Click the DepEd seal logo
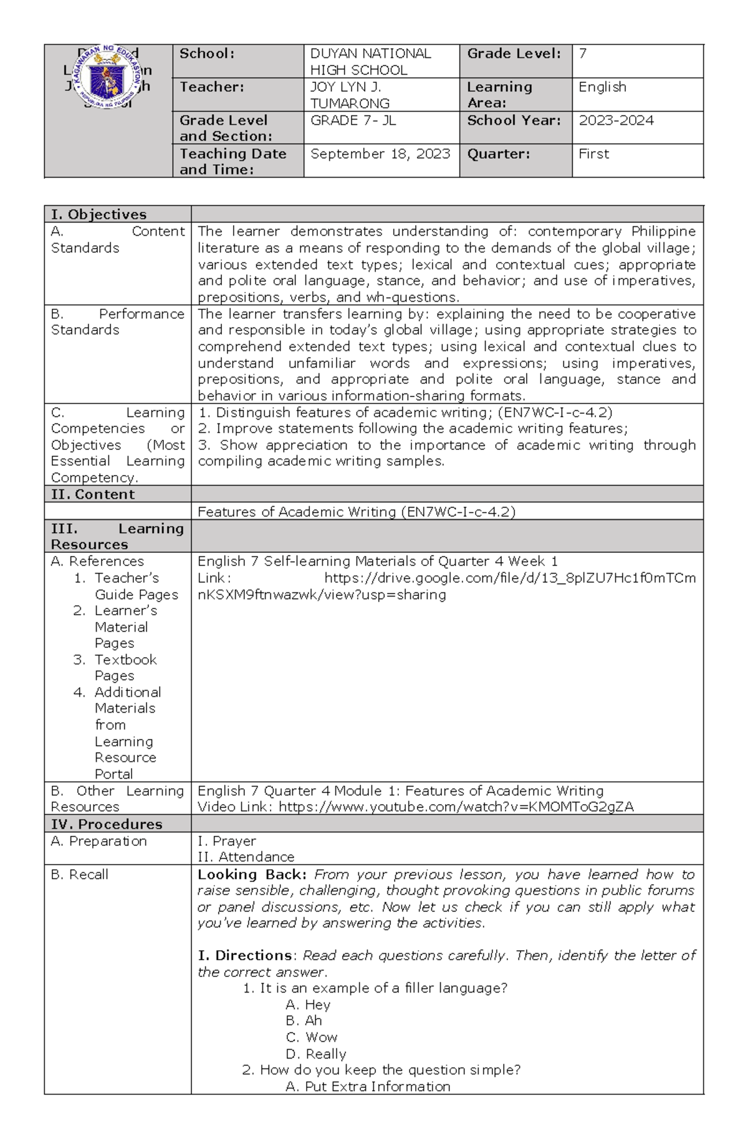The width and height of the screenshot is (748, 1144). (108, 77)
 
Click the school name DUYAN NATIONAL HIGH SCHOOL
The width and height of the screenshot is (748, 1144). (370, 62)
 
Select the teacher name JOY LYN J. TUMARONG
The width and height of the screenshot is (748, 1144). (350, 95)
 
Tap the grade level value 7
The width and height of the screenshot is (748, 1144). (583, 54)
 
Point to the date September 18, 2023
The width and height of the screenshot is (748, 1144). (380, 154)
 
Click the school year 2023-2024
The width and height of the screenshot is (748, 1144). (616, 120)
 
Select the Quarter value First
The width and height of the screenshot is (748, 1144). (593, 154)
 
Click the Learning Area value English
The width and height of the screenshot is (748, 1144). (602, 87)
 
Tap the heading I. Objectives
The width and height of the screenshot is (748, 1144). (98, 214)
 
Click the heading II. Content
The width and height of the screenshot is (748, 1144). (93, 494)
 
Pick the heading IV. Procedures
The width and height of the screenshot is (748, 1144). (107, 824)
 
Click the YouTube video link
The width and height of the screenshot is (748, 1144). (456, 807)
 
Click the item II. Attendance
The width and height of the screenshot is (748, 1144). (246, 857)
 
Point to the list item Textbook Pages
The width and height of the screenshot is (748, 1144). (125, 668)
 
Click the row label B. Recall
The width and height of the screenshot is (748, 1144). (80, 875)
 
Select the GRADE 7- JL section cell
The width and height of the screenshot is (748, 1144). (353, 120)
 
